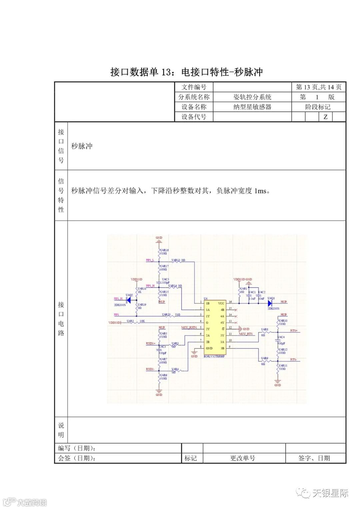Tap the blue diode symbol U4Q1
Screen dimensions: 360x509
270,303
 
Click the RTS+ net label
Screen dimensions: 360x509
294,330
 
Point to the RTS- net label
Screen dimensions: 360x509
293,360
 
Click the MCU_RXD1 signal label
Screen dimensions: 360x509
189,328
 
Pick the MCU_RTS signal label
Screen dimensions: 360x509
246,334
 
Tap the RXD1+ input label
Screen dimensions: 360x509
151,343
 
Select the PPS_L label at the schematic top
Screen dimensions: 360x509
150,260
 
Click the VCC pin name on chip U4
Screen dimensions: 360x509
221,303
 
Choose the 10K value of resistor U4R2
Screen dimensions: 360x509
142,321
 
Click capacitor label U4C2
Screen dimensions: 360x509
262,292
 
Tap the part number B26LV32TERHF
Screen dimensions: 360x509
214,356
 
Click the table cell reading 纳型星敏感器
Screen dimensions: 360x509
252,107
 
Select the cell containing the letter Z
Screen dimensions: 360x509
326,117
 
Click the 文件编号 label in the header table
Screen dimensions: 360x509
194,87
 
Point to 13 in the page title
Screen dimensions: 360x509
166,72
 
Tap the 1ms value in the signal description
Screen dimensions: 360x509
260,191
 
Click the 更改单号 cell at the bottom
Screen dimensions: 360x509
242,458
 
